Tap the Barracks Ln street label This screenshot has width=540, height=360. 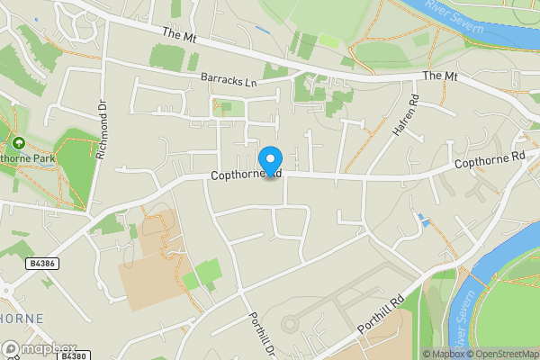click(229, 82)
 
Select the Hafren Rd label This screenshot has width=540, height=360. click(405, 116)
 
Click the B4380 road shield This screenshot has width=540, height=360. click(73, 355)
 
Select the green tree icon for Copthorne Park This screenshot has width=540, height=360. click(18, 142)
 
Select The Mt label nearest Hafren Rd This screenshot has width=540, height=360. click(440, 76)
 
